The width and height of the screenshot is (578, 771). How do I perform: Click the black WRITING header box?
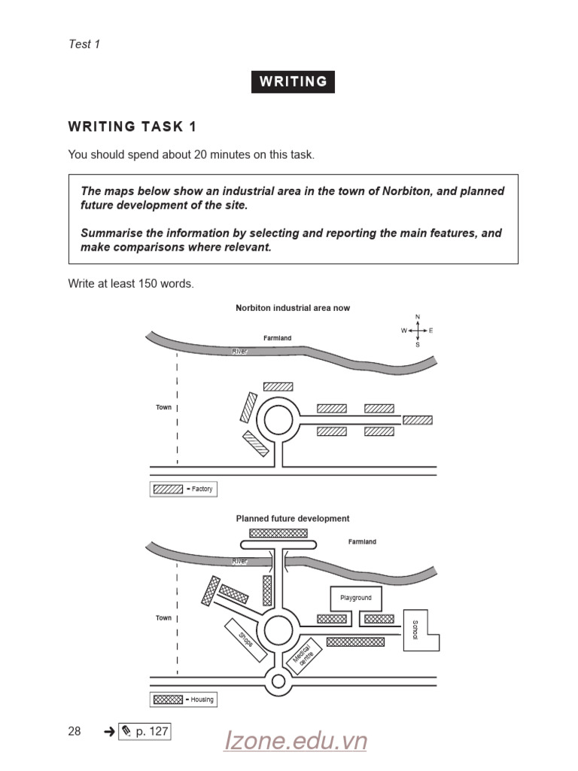(x=293, y=82)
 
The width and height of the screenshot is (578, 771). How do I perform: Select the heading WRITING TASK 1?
(x=132, y=126)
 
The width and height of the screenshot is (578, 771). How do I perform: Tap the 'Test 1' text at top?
(x=84, y=44)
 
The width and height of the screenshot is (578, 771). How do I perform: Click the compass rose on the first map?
(x=417, y=331)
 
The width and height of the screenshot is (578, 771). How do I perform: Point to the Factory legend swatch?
(x=167, y=489)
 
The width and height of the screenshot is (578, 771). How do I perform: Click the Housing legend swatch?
(x=167, y=699)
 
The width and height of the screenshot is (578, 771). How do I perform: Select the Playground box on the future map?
(x=356, y=599)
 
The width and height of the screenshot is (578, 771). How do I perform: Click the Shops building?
(x=246, y=640)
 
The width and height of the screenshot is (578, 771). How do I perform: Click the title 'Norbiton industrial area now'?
(x=293, y=308)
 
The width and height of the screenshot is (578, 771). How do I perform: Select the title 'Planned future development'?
(x=293, y=519)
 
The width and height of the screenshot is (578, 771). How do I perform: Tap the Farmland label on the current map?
(x=277, y=338)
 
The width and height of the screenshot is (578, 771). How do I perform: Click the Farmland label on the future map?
(x=362, y=542)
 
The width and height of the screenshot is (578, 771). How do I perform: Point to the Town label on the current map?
(x=163, y=407)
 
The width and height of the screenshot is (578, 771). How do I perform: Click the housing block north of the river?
(x=278, y=532)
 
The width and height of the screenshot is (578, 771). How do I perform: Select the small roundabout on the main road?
(x=278, y=682)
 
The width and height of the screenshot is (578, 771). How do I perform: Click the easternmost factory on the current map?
(x=417, y=420)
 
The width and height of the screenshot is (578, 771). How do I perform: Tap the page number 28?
(x=75, y=731)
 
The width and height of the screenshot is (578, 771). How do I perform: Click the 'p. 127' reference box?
(x=144, y=731)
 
